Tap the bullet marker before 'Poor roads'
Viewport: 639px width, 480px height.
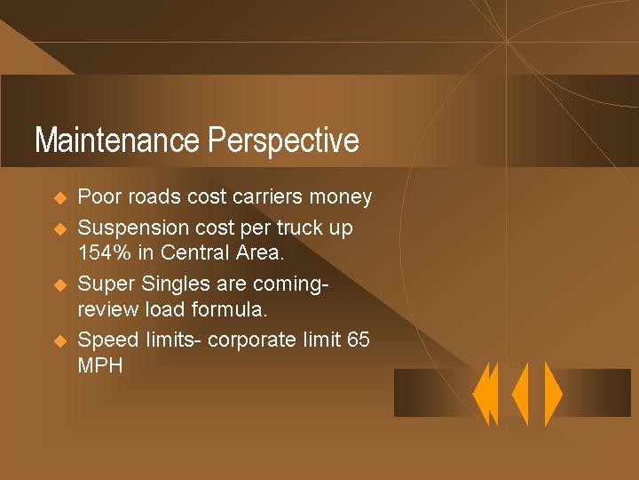(x=60, y=197)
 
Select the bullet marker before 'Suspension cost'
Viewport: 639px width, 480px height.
(x=60, y=228)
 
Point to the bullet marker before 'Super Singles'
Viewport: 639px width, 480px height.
(x=60, y=285)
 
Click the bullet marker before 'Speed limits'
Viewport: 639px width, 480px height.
(x=60, y=340)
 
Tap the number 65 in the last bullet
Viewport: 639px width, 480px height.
(x=359, y=340)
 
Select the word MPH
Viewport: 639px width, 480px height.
(x=100, y=365)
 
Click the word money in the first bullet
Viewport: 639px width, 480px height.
(x=343, y=197)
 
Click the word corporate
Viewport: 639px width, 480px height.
(x=250, y=340)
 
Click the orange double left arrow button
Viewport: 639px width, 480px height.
(x=485, y=394)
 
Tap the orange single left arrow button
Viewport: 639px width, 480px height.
(x=521, y=394)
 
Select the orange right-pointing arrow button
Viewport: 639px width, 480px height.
(x=553, y=394)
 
